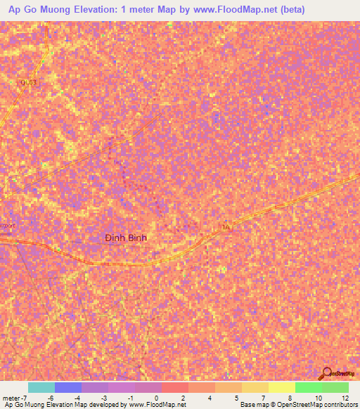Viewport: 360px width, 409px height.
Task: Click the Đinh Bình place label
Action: point(125,238)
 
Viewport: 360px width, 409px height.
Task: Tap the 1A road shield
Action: point(225,228)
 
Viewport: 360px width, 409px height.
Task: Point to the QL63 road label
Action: point(27,82)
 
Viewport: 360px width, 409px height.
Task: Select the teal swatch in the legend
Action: point(41,387)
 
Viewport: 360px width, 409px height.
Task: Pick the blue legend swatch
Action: point(67,387)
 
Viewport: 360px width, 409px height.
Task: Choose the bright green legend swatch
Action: point(308,387)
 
